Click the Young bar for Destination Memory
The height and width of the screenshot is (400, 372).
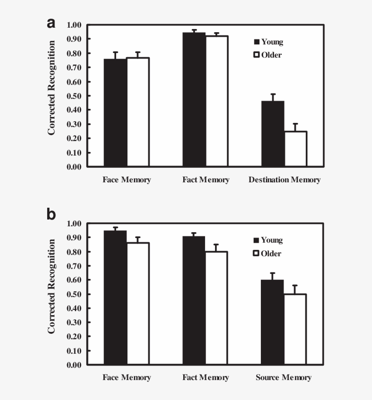click(x=273, y=134)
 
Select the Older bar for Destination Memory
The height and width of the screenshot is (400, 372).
click(x=295, y=149)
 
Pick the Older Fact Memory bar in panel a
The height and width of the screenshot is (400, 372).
click(x=216, y=101)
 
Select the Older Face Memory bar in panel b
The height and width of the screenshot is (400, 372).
click(x=138, y=303)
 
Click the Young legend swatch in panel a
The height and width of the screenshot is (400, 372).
click(x=257, y=42)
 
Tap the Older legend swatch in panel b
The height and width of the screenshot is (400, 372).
click(x=257, y=254)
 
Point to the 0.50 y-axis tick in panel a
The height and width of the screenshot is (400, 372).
click(x=74, y=96)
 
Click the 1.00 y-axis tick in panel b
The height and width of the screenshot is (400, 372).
click(x=74, y=223)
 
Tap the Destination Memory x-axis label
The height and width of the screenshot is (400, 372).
click(x=284, y=180)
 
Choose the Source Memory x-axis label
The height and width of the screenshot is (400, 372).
click(x=284, y=378)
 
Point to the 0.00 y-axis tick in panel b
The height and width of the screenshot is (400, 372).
click(x=74, y=365)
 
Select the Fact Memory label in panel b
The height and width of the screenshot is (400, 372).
click(x=206, y=378)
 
